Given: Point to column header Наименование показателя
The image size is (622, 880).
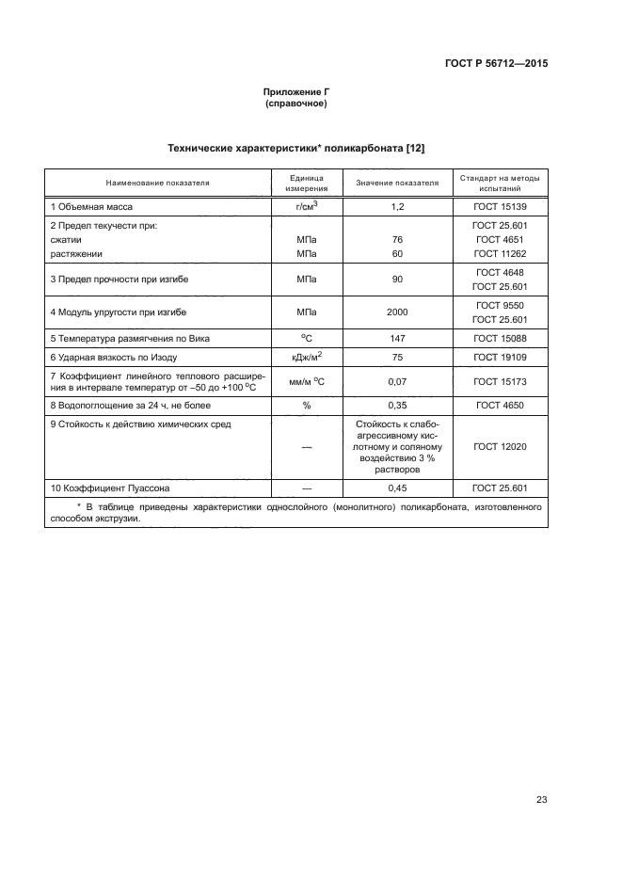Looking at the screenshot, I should [x=157, y=183].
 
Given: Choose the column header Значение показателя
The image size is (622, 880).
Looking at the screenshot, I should [x=397, y=183].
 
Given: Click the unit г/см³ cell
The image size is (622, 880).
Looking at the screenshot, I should [x=306, y=205].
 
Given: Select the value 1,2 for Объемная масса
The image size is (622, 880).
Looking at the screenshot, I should [x=397, y=206].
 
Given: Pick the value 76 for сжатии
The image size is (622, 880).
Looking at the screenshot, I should [x=397, y=239].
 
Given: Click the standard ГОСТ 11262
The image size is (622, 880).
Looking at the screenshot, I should [x=501, y=253].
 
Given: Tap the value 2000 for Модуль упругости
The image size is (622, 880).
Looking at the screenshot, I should [x=397, y=312].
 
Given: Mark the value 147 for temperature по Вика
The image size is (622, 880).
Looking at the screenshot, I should [x=397, y=336].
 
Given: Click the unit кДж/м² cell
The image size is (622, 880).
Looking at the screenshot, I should [x=306, y=357].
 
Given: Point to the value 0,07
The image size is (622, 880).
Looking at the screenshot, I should [x=397, y=382].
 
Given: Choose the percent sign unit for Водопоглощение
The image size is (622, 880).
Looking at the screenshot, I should [x=306, y=406].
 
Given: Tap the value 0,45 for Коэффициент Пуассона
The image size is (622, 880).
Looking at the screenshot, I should [x=397, y=488].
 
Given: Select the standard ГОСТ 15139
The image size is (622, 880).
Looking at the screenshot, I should [x=501, y=206].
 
